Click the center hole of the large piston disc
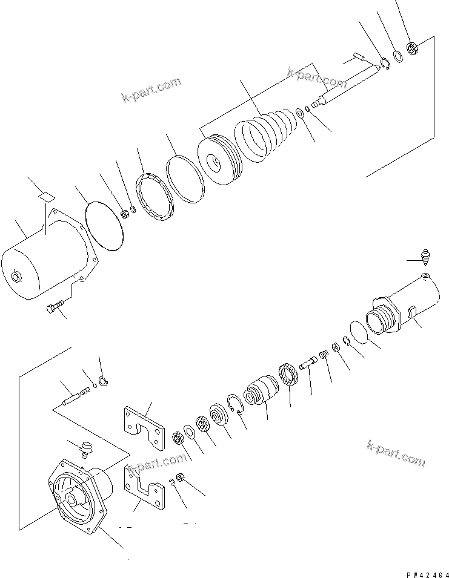(214, 162)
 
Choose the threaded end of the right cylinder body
(380, 318)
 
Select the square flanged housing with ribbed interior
(79, 493)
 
